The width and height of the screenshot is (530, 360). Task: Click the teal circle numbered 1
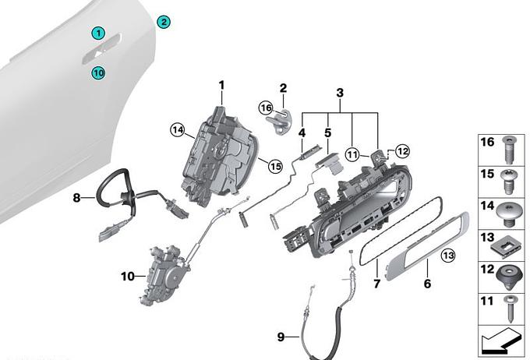(98, 33)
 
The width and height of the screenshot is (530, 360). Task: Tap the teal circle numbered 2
(164, 22)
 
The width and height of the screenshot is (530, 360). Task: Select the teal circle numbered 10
(98, 73)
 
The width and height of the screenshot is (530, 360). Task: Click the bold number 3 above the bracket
(340, 93)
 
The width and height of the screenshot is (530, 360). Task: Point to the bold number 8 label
(77, 198)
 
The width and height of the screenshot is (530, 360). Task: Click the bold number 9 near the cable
(281, 337)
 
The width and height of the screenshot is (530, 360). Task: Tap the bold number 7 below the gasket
(376, 284)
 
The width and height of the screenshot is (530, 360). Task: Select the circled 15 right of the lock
(274, 164)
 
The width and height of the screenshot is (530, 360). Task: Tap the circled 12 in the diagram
(402, 150)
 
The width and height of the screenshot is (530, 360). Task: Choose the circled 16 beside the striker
(266, 108)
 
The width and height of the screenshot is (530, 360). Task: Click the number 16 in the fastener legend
(488, 142)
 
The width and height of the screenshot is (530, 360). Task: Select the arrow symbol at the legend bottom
(503, 339)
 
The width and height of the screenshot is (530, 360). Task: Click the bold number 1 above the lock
(221, 85)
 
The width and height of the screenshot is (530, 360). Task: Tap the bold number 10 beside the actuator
(128, 276)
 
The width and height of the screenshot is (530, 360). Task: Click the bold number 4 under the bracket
(302, 122)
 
